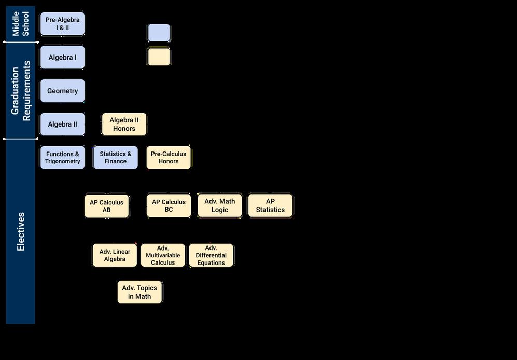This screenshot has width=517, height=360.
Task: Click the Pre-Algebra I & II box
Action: (x=62, y=24)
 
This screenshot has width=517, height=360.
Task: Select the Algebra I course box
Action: (x=62, y=57)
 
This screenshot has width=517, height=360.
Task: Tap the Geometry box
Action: (x=62, y=91)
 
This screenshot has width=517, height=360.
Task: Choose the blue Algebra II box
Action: (x=62, y=124)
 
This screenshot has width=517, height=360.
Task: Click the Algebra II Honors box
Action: (x=124, y=124)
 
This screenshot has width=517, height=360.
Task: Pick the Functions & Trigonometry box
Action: (x=62, y=157)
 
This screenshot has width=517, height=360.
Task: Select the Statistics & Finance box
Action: (x=116, y=157)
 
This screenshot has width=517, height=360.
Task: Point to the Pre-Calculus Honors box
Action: (x=169, y=157)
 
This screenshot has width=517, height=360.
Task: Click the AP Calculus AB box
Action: (x=106, y=206)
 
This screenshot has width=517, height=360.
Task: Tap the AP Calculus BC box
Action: (x=169, y=206)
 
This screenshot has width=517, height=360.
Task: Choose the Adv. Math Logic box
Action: (x=220, y=205)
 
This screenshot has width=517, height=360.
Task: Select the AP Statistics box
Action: (x=270, y=205)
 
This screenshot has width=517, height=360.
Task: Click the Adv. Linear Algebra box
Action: (x=115, y=255)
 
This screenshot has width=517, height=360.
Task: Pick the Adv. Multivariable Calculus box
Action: (x=163, y=255)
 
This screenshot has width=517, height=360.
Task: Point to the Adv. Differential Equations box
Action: (x=211, y=255)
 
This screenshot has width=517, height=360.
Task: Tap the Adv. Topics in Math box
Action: (x=139, y=292)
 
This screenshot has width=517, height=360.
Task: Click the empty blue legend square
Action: (x=159, y=33)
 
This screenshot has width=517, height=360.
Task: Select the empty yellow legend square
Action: (x=159, y=57)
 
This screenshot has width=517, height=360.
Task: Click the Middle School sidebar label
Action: (x=21, y=23)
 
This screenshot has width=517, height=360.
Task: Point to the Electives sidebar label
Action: (x=21, y=231)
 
